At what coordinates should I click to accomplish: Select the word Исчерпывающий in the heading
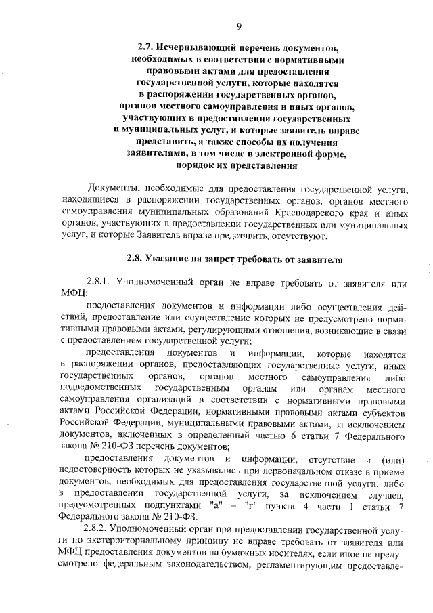pos(198,48)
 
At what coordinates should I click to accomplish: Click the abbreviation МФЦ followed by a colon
pos(72,293)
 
